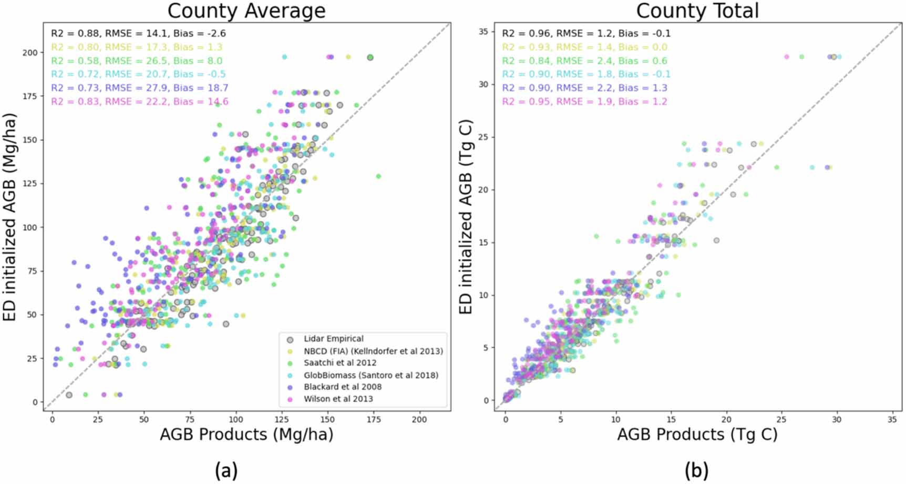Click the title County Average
[246, 11]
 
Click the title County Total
[697, 11]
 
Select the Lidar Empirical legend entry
[333, 339]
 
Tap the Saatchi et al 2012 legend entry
[339, 363]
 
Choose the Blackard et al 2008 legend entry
[343, 387]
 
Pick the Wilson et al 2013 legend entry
[338, 399]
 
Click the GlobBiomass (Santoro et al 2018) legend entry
[370, 375]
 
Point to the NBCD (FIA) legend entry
[373, 351]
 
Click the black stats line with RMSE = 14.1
[138, 34]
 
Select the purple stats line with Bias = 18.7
[139, 88]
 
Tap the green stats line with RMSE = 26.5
[137, 61]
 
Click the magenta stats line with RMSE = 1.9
[584, 102]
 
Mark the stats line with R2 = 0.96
[586, 34]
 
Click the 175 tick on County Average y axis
[30, 96]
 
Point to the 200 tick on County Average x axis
[419, 420]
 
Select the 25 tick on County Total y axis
[483, 137]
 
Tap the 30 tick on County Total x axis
[837, 420]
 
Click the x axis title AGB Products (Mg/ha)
[246, 435]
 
